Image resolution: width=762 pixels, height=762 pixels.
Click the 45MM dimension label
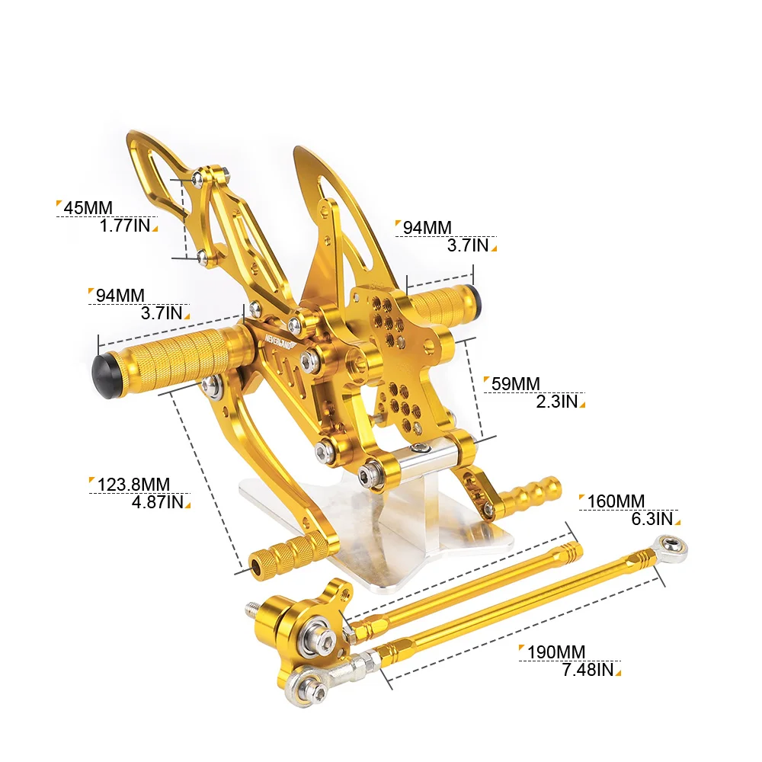(88, 208)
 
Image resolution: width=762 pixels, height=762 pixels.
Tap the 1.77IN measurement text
(125, 226)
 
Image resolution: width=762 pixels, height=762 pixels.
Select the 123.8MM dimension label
(133, 485)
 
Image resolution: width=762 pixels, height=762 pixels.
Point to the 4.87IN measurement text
(158, 502)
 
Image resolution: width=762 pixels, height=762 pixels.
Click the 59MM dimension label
(516, 384)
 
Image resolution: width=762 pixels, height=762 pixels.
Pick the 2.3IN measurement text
(557, 402)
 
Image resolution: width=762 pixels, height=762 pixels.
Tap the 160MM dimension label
(616, 501)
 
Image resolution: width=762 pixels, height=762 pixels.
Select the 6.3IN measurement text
(652, 519)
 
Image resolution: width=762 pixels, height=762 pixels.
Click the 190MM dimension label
(556, 652)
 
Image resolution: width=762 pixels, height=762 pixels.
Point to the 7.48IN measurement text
(588, 670)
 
